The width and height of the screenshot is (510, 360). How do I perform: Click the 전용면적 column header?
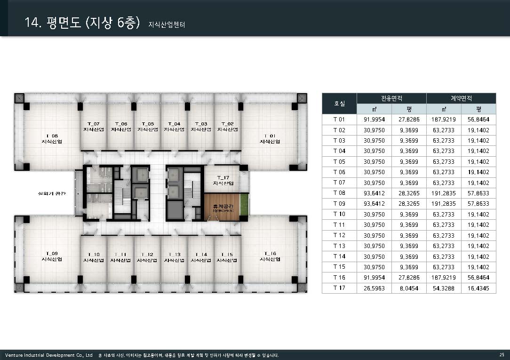tap(391, 98)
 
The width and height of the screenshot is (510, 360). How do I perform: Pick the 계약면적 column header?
tap(461, 98)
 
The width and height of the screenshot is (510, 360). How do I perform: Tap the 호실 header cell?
tap(339, 104)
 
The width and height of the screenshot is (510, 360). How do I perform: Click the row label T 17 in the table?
tap(339, 288)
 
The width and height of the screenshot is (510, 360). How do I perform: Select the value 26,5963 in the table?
tap(374, 288)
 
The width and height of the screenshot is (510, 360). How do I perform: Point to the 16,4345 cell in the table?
tap(478, 288)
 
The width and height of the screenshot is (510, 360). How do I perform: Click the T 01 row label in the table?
tap(339, 120)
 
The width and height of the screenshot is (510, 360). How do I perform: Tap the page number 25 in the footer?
tap(502, 355)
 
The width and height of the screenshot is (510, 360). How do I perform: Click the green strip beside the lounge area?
tap(244, 205)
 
